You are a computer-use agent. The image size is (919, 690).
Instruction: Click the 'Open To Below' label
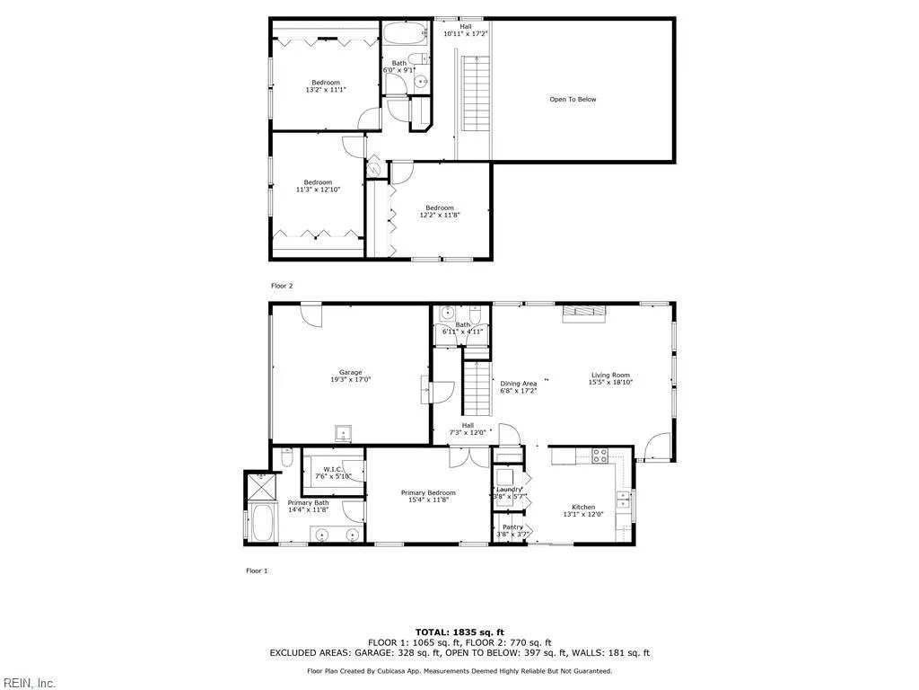[x=573, y=100]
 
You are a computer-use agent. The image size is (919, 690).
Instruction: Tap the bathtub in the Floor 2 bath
[x=405, y=35]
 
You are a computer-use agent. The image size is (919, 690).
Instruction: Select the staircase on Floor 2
[x=473, y=94]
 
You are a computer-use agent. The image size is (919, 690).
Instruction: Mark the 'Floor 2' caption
[x=282, y=286]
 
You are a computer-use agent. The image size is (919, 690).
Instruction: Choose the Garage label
[x=350, y=372]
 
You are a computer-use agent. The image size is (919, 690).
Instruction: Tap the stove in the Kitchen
[x=600, y=456]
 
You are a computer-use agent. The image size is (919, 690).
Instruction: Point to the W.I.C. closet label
[x=333, y=469]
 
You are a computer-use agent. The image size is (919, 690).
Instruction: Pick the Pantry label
[x=512, y=527]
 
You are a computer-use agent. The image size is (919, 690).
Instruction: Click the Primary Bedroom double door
[x=468, y=456]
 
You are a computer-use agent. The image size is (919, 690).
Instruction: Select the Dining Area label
[x=518, y=384]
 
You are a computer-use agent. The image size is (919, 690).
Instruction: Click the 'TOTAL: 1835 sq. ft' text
[x=459, y=632]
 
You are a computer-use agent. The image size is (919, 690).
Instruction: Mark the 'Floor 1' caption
[x=257, y=571]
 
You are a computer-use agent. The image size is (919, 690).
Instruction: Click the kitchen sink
[x=622, y=498]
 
